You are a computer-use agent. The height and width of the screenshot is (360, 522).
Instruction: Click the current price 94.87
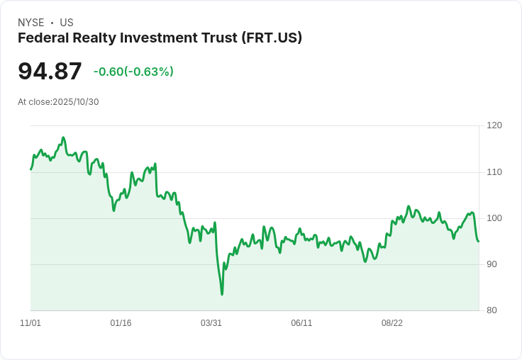pos(50,72)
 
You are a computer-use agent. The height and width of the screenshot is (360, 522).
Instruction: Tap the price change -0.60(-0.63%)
pos(133,72)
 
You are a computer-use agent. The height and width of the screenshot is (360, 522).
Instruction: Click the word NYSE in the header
pos(30,23)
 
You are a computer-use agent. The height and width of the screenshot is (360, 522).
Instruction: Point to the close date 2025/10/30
pos(76,102)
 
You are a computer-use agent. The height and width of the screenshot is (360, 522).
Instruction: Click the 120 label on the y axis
pos(494,125)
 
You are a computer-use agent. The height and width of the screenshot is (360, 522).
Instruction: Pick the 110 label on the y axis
pos(494,172)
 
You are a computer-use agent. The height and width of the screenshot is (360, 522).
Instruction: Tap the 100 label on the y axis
pos(494,218)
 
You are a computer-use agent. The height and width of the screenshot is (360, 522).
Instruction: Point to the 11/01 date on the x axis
pos(30,323)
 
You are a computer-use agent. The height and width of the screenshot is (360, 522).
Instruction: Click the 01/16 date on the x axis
pos(121,323)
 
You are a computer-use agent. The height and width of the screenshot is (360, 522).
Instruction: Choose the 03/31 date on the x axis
pos(211,323)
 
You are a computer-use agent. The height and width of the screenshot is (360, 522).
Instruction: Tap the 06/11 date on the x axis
pos(301,323)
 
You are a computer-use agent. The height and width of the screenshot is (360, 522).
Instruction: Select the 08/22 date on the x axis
pos(392,323)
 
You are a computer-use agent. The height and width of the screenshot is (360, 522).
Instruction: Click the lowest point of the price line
pos(222,294)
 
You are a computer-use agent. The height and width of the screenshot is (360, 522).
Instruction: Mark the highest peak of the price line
pos(63,137)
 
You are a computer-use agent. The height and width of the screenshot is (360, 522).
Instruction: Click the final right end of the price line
pos(479,242)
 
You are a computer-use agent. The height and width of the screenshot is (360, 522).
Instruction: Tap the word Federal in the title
pos(41,38)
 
